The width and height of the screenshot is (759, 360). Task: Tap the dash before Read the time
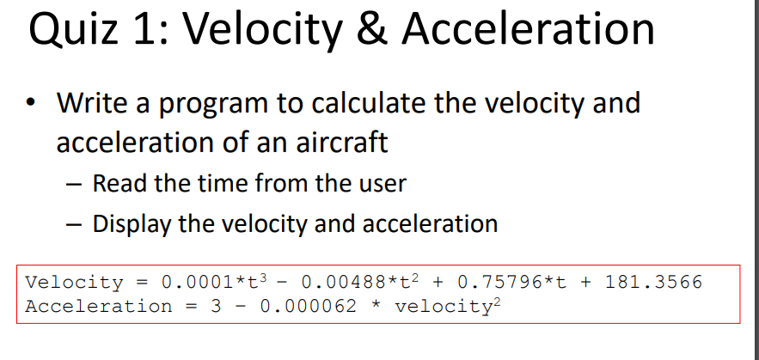pyautogui.click(x=75, y=184)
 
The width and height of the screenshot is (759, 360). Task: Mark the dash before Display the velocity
pyautogui.click(x=75, y=225)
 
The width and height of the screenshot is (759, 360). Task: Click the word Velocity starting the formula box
pyautogui.click(x=75, y=282)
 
